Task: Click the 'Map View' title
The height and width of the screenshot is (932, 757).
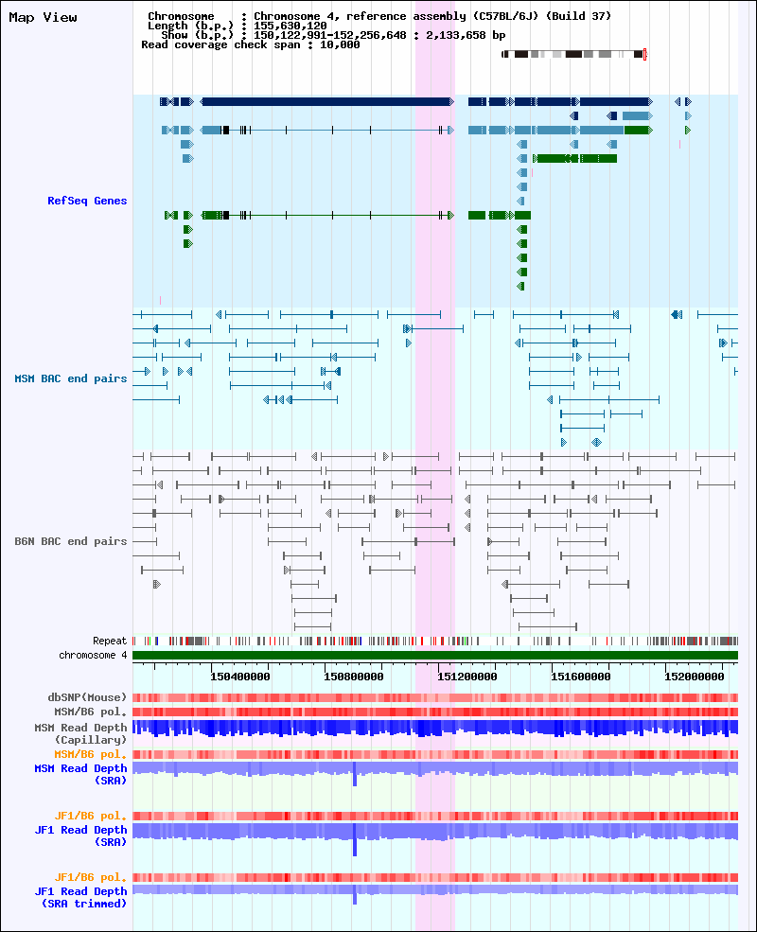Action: pyautogui.click(x=43, y=18)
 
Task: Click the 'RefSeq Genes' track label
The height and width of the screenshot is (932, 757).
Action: pyautogui.click(x=87, y=201)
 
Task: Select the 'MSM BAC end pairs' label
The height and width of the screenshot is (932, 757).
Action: pyautogui.click(x=71, y=378)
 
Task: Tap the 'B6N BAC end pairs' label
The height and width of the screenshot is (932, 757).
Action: pyautogui.click(x=71, y=541)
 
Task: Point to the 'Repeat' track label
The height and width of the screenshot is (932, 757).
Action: pyautogui.click(x=110, y=641)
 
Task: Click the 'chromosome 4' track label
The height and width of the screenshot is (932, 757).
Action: pyautogui.click(x=93, y=655)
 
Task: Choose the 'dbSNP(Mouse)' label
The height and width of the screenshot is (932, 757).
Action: pyautogui.click(x=87, y=697)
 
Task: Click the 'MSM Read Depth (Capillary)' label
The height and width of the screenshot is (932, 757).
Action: pyautogui.click(x=80, y=733)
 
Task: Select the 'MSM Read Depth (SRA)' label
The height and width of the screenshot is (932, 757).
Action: pyautogui.click(x=80, y=775)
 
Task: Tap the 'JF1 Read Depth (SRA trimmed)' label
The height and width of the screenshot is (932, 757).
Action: pyautogui.click(x=80, y=898)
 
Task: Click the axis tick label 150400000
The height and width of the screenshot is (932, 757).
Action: pyautogui.click(x=240, y=677)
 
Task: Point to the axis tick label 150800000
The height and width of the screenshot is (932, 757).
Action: pyautogui.click(x=354, y=677)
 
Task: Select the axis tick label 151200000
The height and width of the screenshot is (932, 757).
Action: pyautogui.click(x=467, y=677)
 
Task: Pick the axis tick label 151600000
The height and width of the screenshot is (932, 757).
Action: pyautogui.click(x=581, y=677)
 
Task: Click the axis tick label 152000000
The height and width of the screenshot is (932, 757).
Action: pyautogui.click(x=694, y=677)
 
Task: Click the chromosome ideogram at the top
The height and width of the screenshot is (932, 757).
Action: pyautogui.click(x=573, y=54)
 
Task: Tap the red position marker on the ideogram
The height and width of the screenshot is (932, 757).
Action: pyautogui.click(x=644, y=54)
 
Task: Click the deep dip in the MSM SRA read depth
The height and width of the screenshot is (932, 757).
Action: pyautogui.click(x=355, y=775)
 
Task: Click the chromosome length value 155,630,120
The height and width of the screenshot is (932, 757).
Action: pyautogui.click(x=290, y=26)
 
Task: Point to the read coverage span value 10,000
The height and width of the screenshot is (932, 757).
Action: pyautogui.click(x=340, y=45)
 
